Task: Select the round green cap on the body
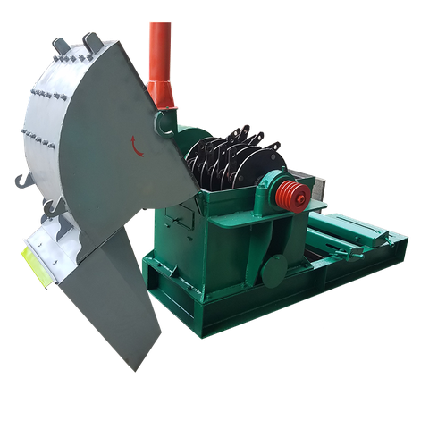coord(275,265)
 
